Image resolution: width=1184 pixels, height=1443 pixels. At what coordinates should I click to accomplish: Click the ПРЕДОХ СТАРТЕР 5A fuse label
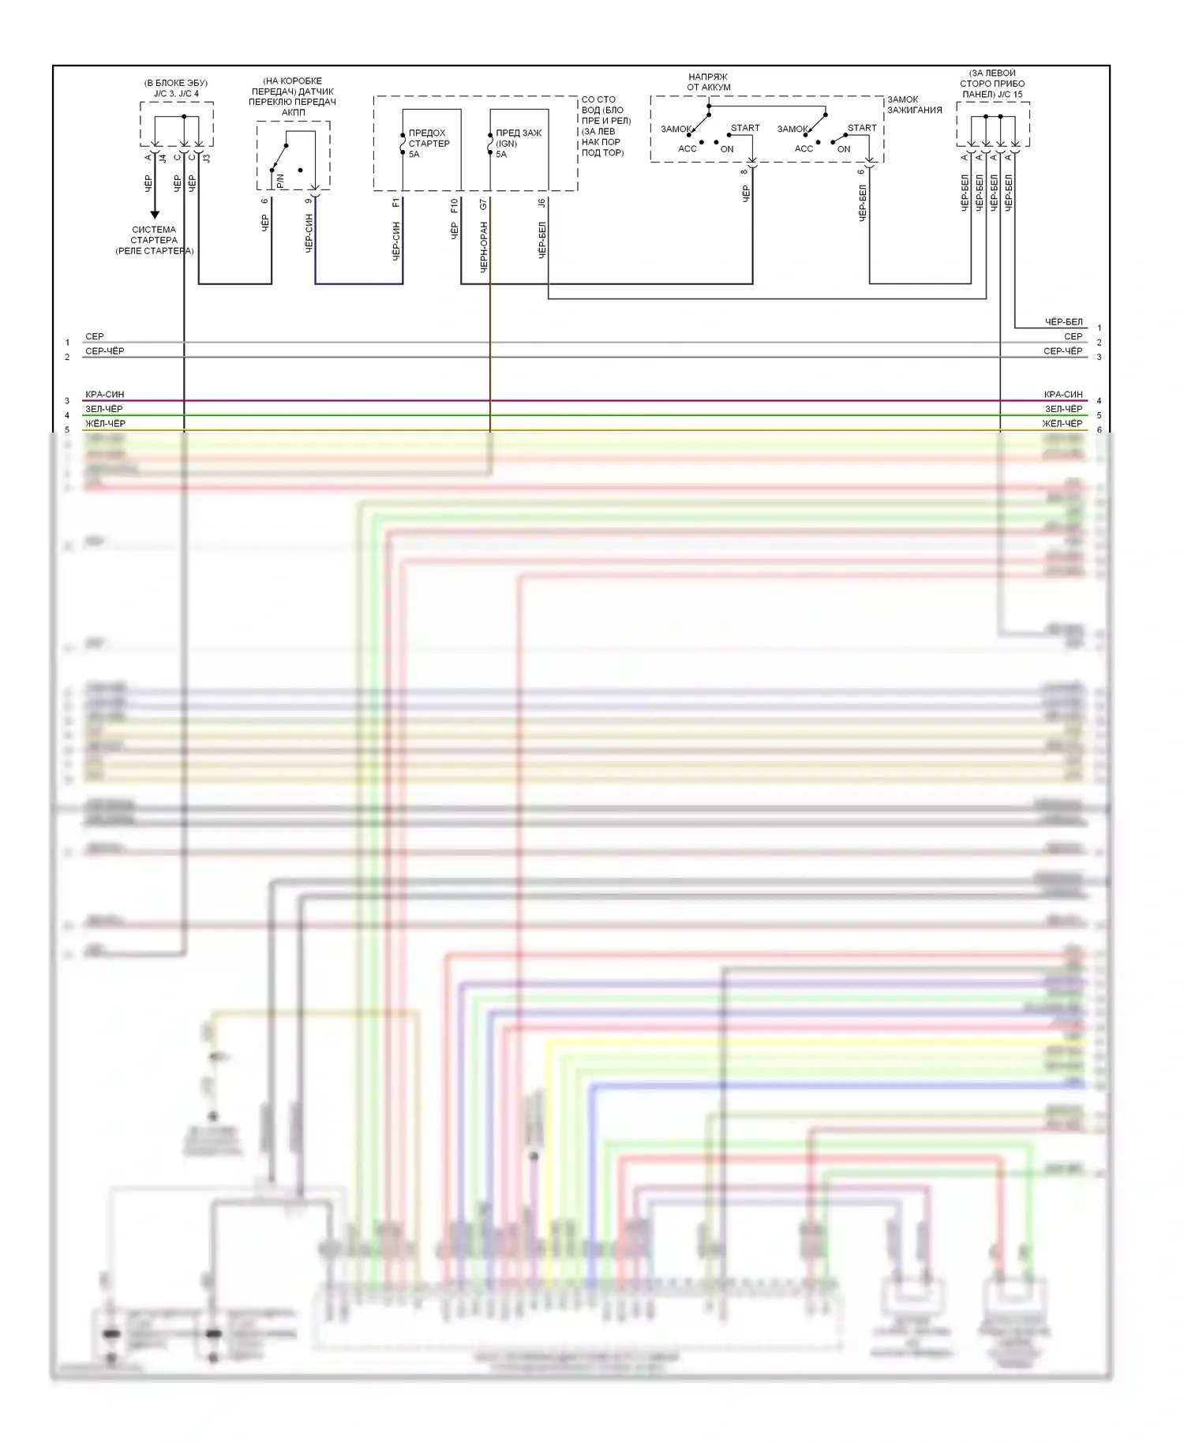pyautogui.click(x=429, y=144)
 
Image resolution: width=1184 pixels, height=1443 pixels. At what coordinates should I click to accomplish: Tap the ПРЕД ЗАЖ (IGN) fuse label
pyautogui.click(x=519, y=144)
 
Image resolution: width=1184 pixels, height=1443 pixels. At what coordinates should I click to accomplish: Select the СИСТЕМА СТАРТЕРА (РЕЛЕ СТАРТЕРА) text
pyautogui.click(x=155, y=240)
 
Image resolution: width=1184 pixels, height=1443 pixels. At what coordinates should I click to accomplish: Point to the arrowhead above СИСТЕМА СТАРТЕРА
pyautogui.click(x=155, y=214)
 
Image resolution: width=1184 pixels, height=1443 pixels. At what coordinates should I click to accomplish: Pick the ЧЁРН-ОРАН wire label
pyautogui.click(x=484, y=247)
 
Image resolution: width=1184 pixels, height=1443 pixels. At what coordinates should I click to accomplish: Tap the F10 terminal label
pyautogui.click(x=455, y=205)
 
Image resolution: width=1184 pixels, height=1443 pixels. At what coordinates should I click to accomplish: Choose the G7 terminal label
pyautogui.click(x=484, y=204)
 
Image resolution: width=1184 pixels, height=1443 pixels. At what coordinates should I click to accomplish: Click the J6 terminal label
pyautogui.click(x=542, y=203)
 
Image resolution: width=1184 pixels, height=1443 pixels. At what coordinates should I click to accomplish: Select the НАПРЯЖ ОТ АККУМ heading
pyautogui.click(x=708, y=82)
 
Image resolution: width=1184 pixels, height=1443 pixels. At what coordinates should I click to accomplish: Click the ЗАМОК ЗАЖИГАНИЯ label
pyautogui.click(x=914, y=105)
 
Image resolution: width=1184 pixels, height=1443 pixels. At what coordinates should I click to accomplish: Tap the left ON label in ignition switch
pyautogui.click(x=727, y=149)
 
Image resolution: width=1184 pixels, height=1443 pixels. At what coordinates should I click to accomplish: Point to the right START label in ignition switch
pyautogui.click(x=862, y=128)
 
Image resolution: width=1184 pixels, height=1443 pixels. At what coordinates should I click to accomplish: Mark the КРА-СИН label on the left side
pyautogui.click(x=104, y=395)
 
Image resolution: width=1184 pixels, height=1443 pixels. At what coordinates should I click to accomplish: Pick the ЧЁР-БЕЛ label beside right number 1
pyautogui.click(x=1064, y=322)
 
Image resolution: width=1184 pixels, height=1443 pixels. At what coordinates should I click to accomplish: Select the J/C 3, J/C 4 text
pyautogui.click(x=177, y=94)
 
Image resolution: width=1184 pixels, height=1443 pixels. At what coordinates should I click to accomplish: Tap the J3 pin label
pyautogui.click(x=207, y=158)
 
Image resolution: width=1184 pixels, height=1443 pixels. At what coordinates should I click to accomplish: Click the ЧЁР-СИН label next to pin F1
pyautogui.click(x=396, y=241)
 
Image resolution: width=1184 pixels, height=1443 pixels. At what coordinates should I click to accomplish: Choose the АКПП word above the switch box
pyautogui.click(x=293, y=112)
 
